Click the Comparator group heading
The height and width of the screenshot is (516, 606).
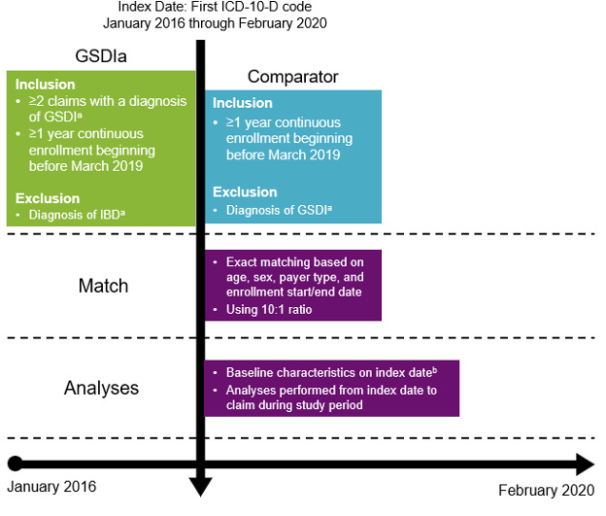[292, 76]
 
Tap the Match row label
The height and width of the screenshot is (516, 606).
[103, 287]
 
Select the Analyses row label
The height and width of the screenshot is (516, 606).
[102, 388]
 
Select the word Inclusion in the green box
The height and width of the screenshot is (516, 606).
[45, 84]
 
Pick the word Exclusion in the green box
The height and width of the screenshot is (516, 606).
[48, 198]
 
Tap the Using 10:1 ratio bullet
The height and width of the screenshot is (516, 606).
[267, 309]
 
